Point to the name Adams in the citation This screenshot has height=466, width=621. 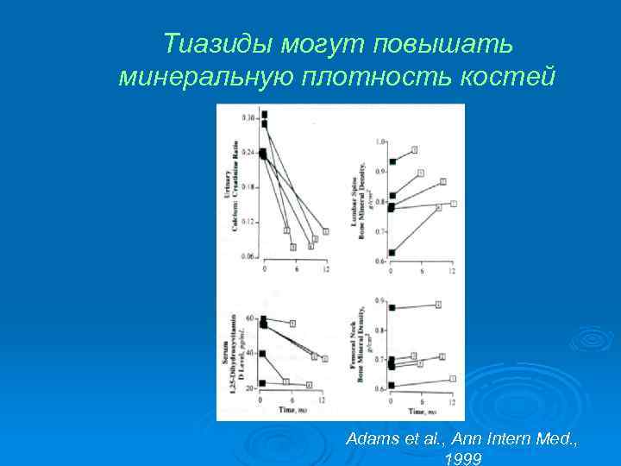tap(368, 439)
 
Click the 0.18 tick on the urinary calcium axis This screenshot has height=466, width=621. tap(248, 187)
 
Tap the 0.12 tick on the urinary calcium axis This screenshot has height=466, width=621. tap(248, 223)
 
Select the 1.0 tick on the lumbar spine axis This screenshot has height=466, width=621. tap(380, 141)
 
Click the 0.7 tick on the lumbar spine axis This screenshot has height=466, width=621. tap(380, 232)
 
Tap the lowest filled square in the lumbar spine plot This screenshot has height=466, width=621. tap(392, 253)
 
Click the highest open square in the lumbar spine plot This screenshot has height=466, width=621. tap(415, 150)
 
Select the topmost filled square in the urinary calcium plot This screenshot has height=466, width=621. tap(265, 114)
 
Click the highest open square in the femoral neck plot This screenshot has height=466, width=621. tap(438, 305)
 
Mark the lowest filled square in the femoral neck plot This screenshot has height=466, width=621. tap(392, 385)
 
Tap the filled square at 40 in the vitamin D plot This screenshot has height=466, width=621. tap(262, 354)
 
